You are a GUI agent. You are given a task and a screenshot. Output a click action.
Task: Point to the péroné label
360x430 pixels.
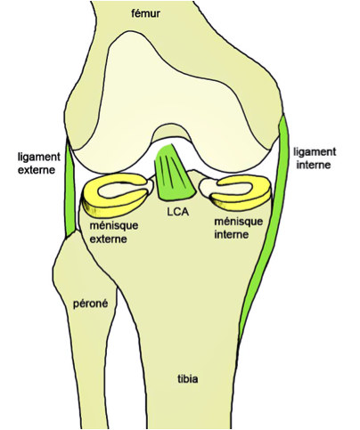(89, 304)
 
